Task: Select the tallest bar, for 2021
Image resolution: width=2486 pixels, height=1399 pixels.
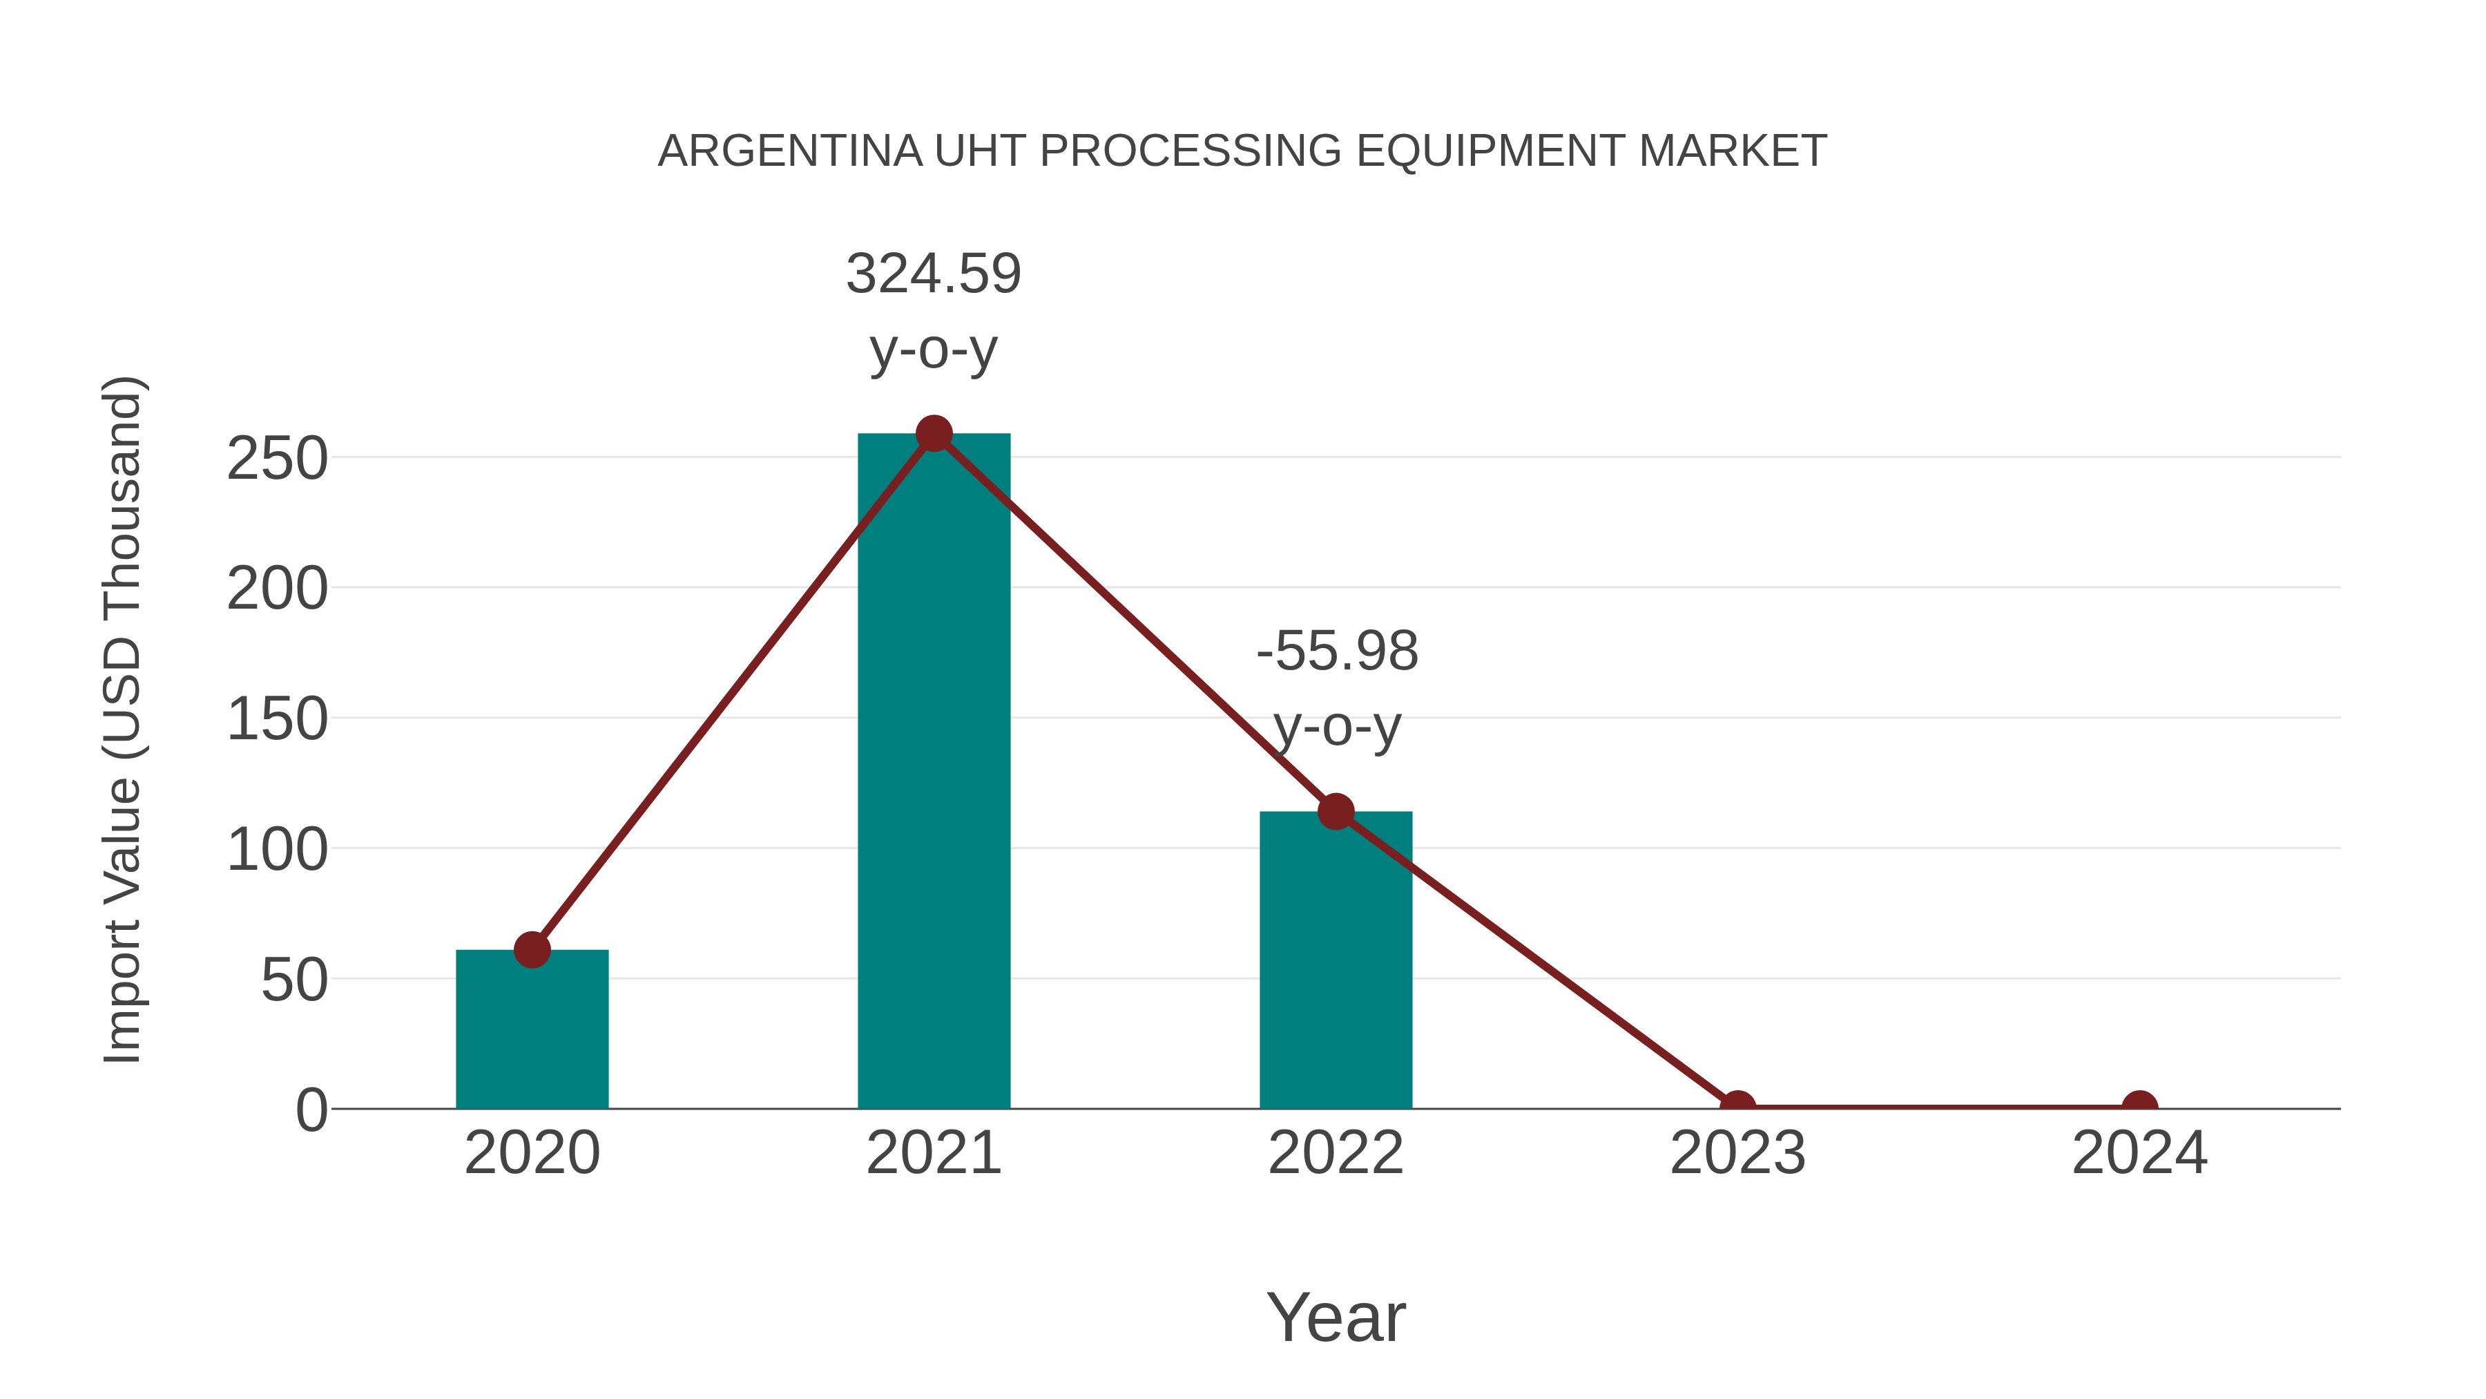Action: point(933,772)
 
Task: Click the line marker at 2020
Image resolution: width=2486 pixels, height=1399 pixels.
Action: point(532,950)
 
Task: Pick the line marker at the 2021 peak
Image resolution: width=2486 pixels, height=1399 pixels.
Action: point(933,433)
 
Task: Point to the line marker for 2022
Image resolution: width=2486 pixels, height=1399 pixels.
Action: point(1336,812)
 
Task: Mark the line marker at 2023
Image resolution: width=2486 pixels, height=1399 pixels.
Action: point(1737,1107)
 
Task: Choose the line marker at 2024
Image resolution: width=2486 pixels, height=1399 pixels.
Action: point(2139,1107)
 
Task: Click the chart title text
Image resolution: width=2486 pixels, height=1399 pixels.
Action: point(1242,151)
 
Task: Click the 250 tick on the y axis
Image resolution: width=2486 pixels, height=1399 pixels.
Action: point(277,459)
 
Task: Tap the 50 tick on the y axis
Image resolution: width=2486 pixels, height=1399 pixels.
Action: point(294,981)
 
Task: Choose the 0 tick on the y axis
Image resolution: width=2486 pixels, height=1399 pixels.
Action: point(311,1110)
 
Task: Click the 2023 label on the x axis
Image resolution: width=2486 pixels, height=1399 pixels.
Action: point(1737,1153)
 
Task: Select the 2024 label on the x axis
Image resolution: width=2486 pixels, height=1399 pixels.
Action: point(2139,1153)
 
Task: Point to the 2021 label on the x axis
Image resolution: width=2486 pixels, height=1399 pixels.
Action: point(933,1153)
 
